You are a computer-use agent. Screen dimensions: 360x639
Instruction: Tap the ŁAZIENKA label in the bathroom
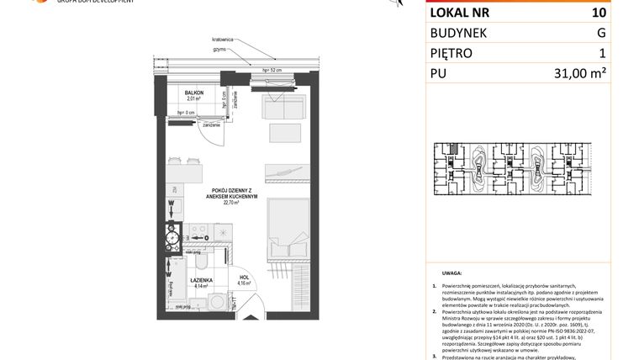pos(200,280)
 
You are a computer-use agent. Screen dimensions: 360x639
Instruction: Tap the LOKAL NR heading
pos(459,13)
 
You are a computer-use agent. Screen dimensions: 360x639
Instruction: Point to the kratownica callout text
pos(223,39)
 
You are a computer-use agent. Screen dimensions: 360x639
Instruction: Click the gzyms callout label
pos(219,50)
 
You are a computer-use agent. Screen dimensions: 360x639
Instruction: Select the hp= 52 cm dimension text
pos(271,69)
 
